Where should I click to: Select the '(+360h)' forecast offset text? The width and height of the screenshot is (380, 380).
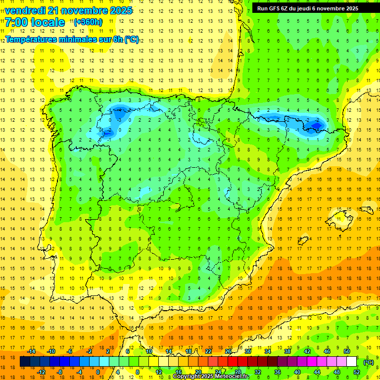pyautogui.click(x=88, y=22)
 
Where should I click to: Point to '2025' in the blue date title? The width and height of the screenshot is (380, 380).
pyautogui.click(x=120, y=10)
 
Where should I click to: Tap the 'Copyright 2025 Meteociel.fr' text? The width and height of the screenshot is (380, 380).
pyautogui.click(x=211, y=377)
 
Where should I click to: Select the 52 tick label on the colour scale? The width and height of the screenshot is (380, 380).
pyautogui.click(x=357, y=372)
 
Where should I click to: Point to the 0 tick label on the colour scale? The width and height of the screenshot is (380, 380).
pyautogui.click(x=97, y=372)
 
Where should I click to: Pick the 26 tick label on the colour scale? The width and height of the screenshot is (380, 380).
pyautogui.click(x=228, y=351)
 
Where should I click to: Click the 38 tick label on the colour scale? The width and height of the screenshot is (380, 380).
pyautogui.click(x=287, y=351)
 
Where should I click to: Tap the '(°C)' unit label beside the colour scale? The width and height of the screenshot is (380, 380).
pyautogui.click(x=369, y=362)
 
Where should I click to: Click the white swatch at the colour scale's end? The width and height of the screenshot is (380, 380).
pyautogui.click(x=351, y=362)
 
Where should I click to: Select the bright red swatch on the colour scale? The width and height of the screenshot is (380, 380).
pyautogui.click(x=233, y=362)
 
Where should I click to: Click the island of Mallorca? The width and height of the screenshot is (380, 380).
pyautogui.click(x=341, y=220)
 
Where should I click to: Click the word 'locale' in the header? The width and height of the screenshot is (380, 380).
pyautogui.click(x=47, y=22)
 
